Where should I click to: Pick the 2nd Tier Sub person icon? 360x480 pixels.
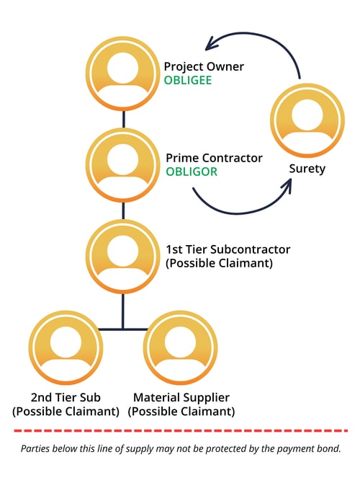66,347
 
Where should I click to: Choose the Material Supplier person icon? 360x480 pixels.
181,347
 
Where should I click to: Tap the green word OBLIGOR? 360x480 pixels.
192,172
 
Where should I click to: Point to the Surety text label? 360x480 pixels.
307,169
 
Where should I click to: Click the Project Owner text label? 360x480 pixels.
204,67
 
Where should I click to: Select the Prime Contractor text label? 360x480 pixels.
214,158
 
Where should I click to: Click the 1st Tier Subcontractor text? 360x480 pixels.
228,249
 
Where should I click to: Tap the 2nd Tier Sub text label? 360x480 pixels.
66,398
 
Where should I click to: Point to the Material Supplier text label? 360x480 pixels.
181,398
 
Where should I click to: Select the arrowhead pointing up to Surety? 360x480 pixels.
286,185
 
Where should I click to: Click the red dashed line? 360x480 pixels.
180,431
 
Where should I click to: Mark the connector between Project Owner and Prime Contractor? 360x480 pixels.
123,118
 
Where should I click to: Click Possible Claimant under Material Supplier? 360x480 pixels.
181,412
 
